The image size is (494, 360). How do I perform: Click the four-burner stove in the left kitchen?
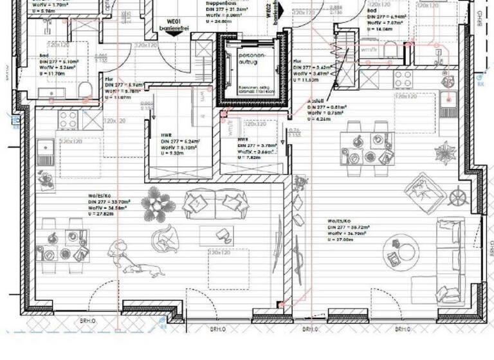[69, 118]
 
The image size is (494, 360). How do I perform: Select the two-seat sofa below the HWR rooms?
[205, 204]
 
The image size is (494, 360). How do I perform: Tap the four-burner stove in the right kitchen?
[403, 79]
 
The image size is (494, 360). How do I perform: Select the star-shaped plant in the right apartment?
[444, 153]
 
